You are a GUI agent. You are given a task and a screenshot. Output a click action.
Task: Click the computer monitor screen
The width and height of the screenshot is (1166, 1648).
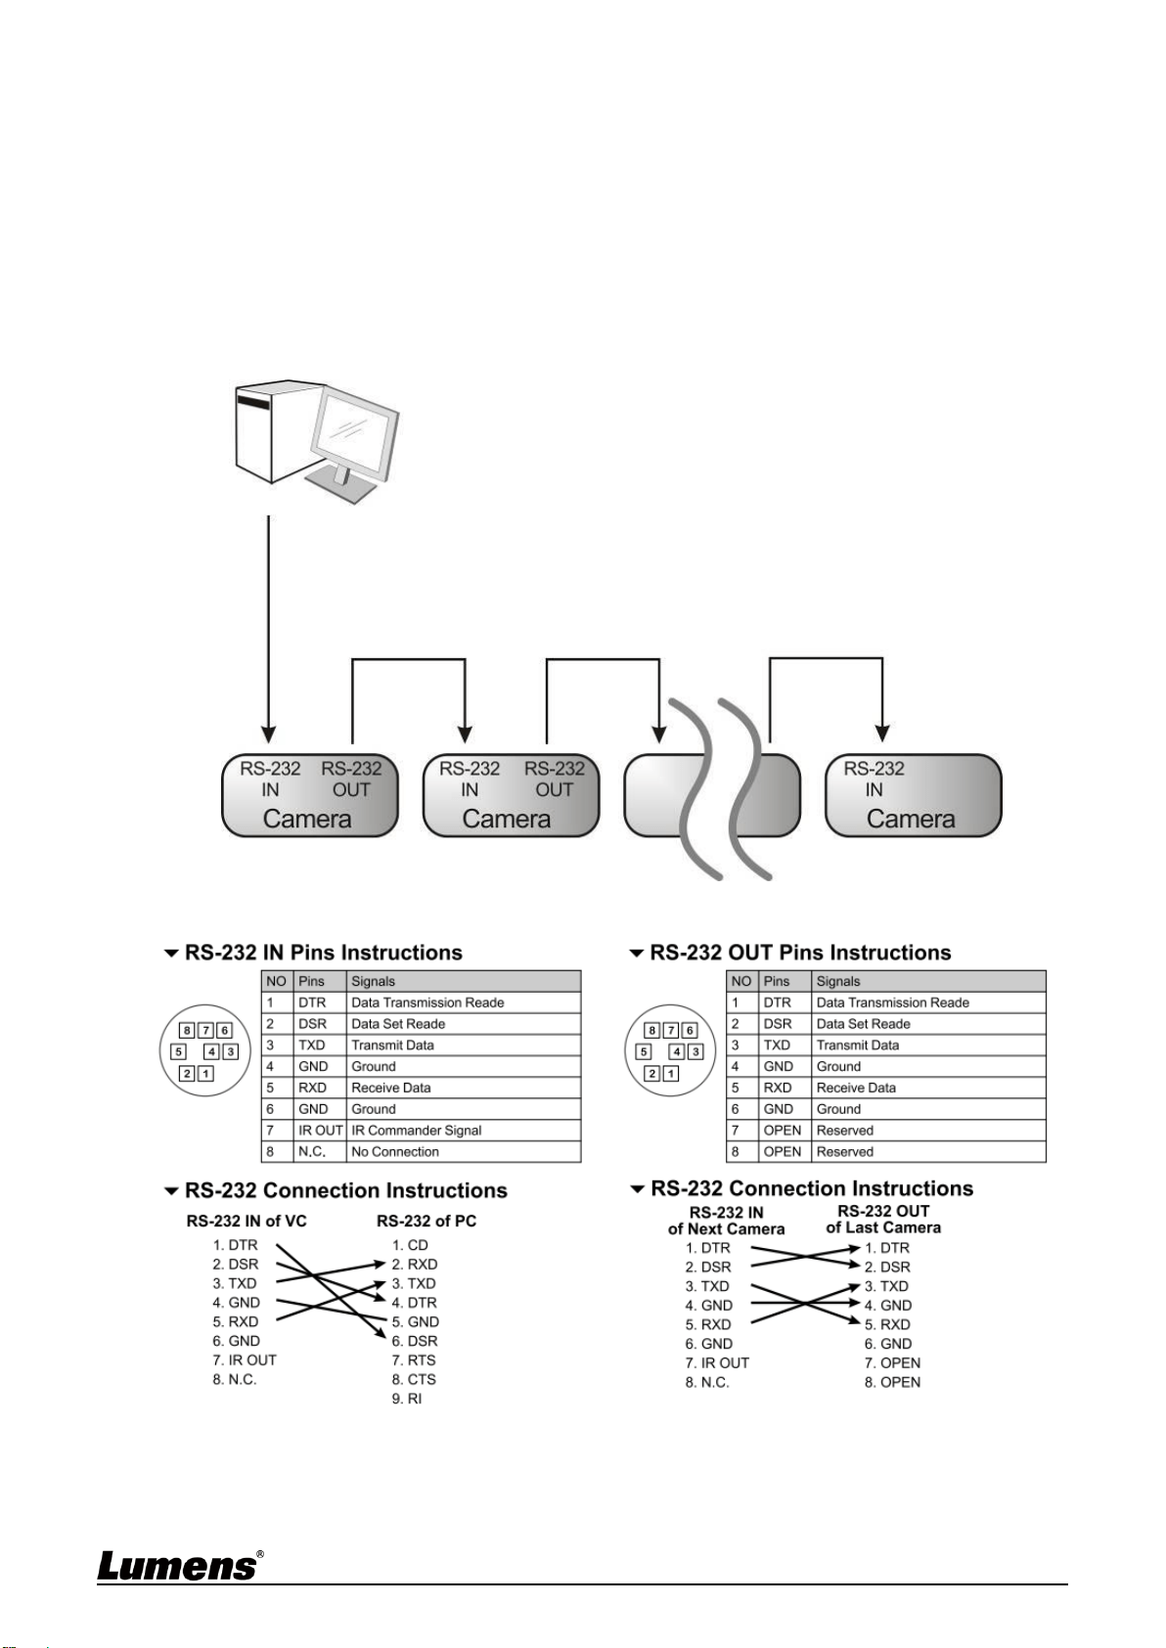[351, 433]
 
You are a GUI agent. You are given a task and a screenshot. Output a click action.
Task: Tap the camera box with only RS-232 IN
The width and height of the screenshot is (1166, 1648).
[913, 795]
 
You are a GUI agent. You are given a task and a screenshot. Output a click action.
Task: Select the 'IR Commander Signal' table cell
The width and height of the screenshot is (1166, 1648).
[417, 1130]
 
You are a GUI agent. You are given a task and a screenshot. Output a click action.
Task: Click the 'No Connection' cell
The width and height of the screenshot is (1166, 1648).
[395, 1151]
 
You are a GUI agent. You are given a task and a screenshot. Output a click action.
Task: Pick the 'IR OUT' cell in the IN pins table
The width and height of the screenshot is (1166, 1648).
[320, 1130]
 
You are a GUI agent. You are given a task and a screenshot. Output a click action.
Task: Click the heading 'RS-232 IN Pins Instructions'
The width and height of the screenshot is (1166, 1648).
[323, 953]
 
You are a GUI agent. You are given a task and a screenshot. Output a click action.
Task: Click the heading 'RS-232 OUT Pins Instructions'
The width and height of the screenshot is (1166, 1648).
[799, 953]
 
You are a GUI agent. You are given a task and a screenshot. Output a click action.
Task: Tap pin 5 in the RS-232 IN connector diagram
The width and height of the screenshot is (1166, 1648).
[179, 1052]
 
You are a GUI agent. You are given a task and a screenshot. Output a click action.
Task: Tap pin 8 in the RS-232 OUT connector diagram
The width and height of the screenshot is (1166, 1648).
[651, 1031]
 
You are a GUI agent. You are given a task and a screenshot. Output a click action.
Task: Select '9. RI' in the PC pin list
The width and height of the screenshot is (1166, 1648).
[407, 1399]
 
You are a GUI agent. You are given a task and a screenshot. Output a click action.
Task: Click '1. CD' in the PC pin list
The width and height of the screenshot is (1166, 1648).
[410, 1245]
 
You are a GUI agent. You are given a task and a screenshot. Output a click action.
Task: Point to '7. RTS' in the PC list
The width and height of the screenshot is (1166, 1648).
[414, 1360]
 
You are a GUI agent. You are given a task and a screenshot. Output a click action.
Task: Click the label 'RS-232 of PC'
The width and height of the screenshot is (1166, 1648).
[426, 1222]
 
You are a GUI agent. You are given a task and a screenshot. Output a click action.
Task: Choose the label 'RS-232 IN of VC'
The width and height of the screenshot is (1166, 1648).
[247, 1222]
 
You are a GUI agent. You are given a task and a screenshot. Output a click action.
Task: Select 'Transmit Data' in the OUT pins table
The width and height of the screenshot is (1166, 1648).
[858, 1045]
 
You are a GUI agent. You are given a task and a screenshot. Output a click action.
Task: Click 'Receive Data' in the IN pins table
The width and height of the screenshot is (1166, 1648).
[390, 1088]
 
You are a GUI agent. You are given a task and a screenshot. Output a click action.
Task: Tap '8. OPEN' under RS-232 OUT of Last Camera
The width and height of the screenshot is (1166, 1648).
[892, 1382]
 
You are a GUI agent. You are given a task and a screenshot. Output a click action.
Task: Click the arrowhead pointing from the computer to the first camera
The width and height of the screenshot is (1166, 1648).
[268, 735]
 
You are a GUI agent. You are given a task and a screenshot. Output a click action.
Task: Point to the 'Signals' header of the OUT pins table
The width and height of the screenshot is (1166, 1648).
[838, 981]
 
